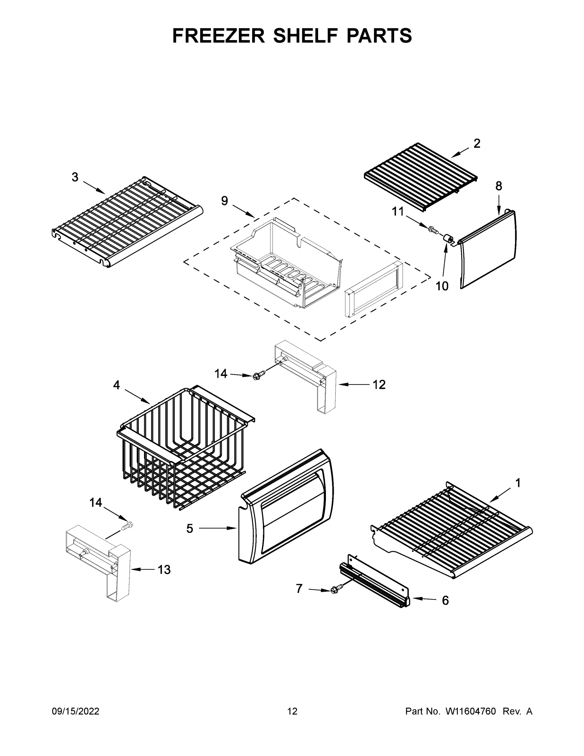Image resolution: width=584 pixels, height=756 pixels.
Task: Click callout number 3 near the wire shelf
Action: [x=75, y=177]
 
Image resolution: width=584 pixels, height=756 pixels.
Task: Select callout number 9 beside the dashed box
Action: [x=224, y=201]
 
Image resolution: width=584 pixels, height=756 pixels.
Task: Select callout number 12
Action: [x=379, y=385]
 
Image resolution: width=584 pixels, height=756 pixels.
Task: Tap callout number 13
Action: [x=164, y=570]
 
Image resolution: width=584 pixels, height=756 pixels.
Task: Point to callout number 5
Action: [x=190, y=529]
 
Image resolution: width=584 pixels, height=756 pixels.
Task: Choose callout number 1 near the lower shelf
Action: [x=518, y=483]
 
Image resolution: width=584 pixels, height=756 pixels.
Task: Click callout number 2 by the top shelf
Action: [x=477, y=144]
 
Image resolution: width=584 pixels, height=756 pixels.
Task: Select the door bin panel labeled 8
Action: [x=488, y=249]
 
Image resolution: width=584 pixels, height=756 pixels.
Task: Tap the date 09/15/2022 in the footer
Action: [x=76, y=711]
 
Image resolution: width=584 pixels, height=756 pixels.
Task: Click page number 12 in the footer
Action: [x=292, y=711]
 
